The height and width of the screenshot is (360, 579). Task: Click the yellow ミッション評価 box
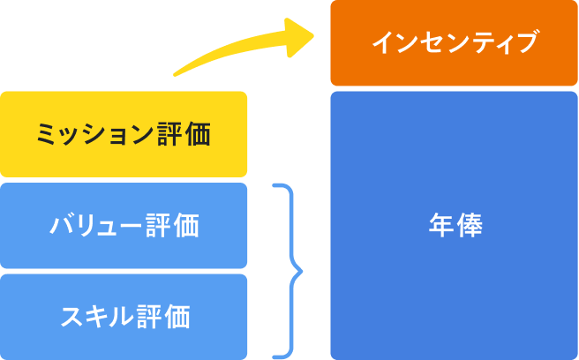point(124,134)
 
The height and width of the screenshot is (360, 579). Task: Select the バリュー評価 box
point(124,226)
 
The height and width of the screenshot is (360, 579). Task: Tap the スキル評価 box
point(124,316)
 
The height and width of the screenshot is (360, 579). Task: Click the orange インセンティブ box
point(454,42)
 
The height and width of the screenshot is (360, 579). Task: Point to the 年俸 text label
point(454,225)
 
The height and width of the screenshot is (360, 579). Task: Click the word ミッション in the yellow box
point(94,135)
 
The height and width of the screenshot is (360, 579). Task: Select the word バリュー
point(96,226)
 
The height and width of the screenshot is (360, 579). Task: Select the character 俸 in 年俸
point(469,225)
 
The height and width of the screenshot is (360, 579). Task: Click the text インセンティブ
point(454,42)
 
